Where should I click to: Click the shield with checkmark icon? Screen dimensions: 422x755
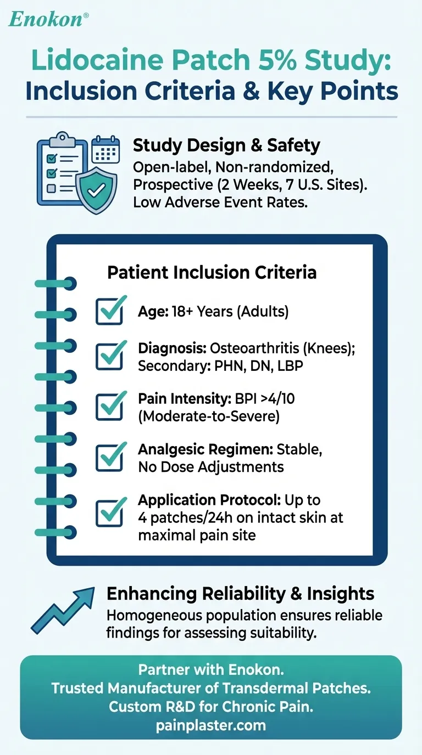click(x=96, y=190)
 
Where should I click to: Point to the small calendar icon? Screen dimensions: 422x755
click(x=105, y=149)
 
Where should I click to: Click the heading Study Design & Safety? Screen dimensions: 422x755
click(x=226, y=145)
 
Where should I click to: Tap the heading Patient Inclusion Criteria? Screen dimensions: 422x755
click(x=212, y=272)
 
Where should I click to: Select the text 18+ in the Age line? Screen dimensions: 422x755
click(x=182, y=312)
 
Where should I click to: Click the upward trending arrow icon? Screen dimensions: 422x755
click(x=63, y=610)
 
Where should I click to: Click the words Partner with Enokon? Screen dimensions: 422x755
click(x=211, y=670)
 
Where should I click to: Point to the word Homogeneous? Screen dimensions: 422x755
click(x=154, y=616)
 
